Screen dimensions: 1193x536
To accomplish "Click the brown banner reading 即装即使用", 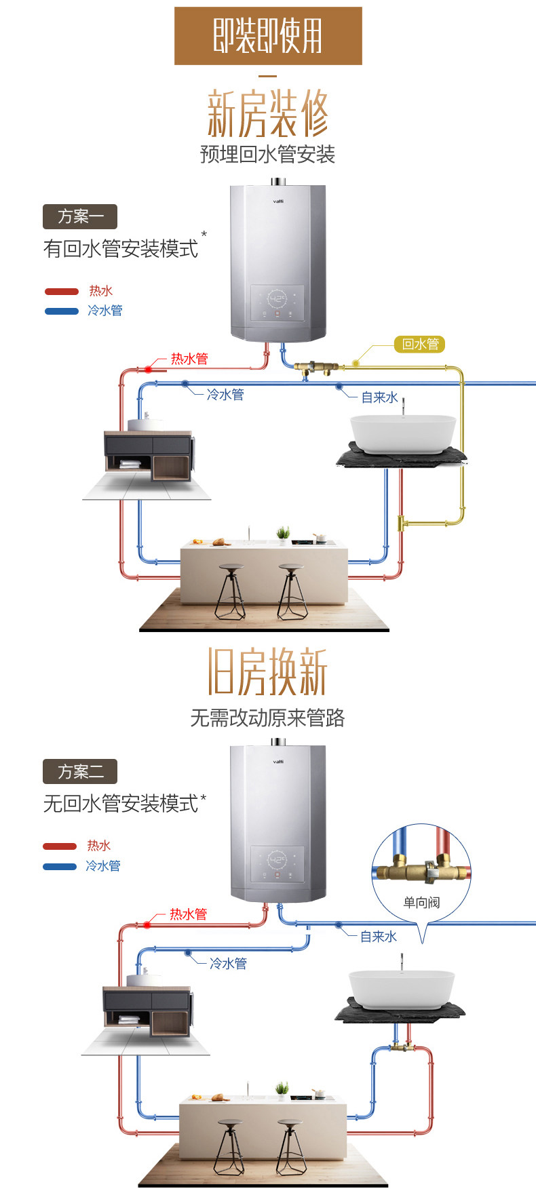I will pyautogui.click(x=268, y=36).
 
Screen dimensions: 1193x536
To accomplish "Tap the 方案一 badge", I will pyautogui.click(x=80, y=216).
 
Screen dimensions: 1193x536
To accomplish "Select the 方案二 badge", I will pyautogui.click(x=80, y=771).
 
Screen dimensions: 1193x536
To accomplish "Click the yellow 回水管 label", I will pyautogui.click(x=420, y=344).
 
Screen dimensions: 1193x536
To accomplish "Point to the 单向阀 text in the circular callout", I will pyautogui.click(x=421, y=902).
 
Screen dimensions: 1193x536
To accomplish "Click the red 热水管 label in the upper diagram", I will pyautogui.click(x=189, y=359).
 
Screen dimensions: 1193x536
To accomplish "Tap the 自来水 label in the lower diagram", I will pyautogui.click(x=378, y=937).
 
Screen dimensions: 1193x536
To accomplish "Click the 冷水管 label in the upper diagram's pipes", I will pyautogui.click(x=225, y=395).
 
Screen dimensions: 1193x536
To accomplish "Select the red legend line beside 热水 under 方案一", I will pyautogui.click(x=62, y=292).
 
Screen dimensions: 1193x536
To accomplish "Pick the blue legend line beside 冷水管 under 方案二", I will pyautogui.click(x=60, y=866).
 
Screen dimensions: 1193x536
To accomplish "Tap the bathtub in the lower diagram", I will pyautogui.click(x=401, y=988).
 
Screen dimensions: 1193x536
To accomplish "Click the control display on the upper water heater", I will pyautogui.click(x=277, y=302).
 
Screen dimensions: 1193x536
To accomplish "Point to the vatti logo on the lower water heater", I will pyautogui.click(x=278, y=762).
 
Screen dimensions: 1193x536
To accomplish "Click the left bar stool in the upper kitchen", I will pyautogui.click(x=231, y=590).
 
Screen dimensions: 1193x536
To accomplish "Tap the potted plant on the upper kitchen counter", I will pyautogui.click(x=283, y=534).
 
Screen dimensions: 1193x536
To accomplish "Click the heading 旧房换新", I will pyautogui.click(x=267, y=671).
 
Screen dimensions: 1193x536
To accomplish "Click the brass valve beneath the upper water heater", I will pyautogui.click(x=315, y=368).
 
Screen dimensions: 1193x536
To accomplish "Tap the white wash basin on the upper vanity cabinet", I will pyautogui.click(x=145, y=425).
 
